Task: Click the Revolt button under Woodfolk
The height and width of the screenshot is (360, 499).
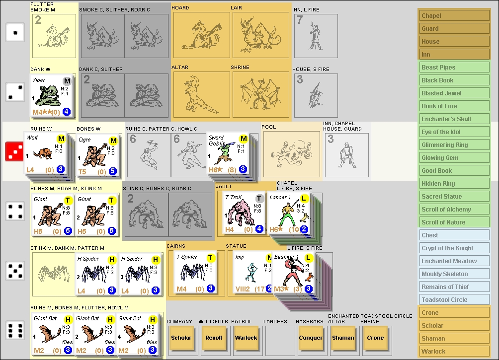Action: [214, 338]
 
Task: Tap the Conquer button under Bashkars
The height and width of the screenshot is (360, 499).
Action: [311, 338]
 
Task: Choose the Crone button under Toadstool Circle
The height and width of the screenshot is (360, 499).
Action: [376, 338]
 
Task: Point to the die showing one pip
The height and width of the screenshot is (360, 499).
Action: [15, 33]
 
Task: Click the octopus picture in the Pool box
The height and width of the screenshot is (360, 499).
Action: [291, 154]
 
